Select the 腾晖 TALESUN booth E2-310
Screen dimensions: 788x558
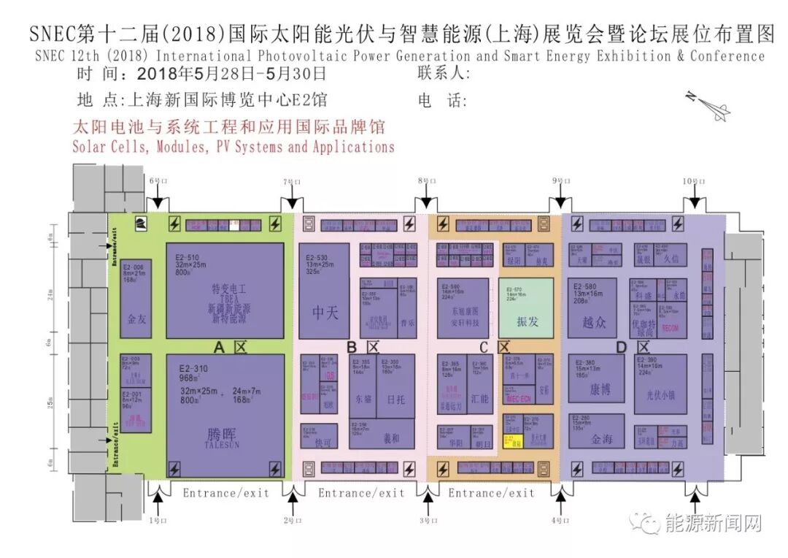(x=225, y=416)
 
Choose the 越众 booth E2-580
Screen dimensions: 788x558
(x=592, y=307)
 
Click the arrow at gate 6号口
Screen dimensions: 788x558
(x=158, y=202)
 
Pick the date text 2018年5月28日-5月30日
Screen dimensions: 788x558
(x=231, y=74)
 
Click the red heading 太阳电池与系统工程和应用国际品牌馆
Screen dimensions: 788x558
(x=228, y=126)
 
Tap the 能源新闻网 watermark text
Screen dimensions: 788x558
(x=713, y=523)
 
